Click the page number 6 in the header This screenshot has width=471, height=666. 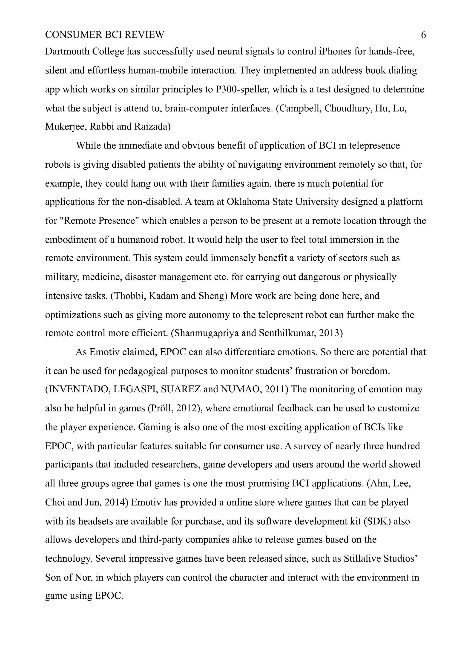coord(423,35)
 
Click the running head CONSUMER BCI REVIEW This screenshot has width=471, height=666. coord(104,35)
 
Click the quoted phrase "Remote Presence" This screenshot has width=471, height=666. coord(101,221)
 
